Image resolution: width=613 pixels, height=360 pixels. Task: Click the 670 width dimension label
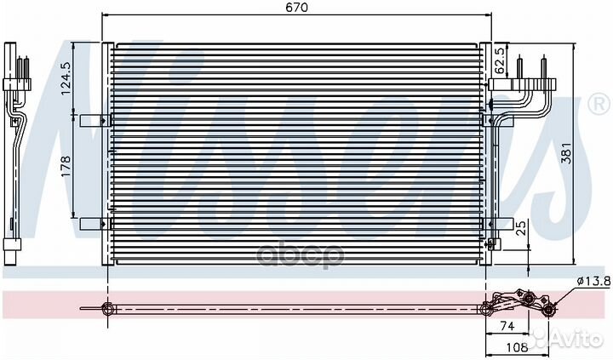coord(296,7)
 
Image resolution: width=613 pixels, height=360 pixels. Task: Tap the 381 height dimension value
coord(566,153)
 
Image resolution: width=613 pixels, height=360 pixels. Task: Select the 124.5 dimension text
coord(66,78)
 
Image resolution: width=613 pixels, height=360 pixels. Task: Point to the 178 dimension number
coord(66,166)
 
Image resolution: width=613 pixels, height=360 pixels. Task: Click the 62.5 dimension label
coord(500,61)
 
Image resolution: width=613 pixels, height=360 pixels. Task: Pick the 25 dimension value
coord(521,229)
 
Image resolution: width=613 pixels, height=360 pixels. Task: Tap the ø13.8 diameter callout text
coord(593,280)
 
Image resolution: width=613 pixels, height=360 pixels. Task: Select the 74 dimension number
coord(507,326)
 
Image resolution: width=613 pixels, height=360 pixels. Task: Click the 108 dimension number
coord(517,346)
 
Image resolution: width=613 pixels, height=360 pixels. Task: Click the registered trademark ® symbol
coord(599,105)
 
